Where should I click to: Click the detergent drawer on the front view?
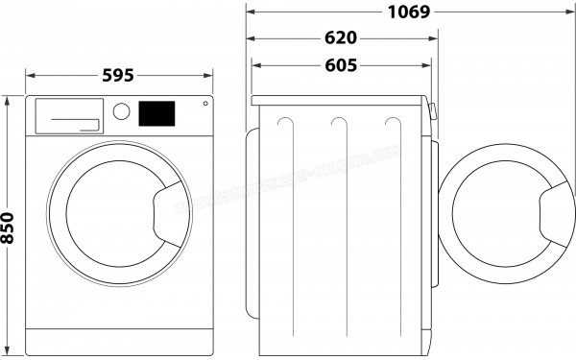pos(68,115)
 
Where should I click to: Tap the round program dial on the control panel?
pos(122,110)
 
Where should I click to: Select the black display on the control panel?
pos(157,112)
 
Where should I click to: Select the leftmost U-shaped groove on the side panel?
pos(284,130)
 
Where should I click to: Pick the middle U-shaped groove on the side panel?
pos(338,130)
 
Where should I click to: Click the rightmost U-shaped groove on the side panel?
pos(391,130)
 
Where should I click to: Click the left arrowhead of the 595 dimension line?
pos(29,76)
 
